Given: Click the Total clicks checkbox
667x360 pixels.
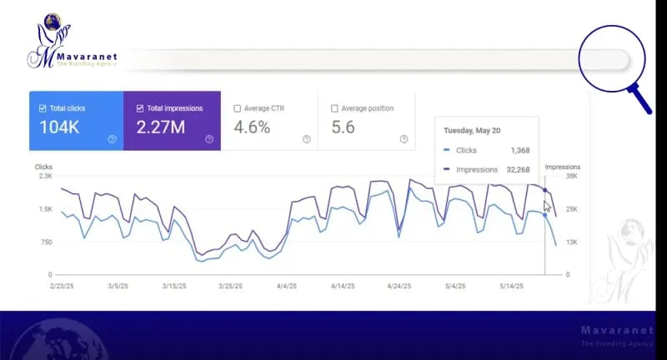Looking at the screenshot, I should click(x=43, y=108).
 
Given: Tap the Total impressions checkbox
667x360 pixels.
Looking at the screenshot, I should click(x=139, y=108).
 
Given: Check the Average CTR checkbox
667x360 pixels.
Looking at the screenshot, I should click(x=238, y=108).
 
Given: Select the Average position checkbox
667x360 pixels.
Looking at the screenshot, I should click(x=334, y=108).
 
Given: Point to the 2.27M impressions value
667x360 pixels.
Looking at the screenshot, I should click(x=163, y=127).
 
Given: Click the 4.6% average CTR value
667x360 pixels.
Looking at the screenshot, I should click(x=252, y=127).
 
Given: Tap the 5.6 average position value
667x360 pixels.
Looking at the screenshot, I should click(x=344, y=127).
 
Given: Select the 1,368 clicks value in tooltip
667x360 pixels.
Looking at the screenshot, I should click(x=519, y=151).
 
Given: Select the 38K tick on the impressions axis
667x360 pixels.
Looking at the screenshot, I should click(x=572, y=177).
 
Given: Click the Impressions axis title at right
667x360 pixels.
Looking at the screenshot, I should click(x=562, y=167).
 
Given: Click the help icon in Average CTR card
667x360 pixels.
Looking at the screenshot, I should click(x=306, y=139).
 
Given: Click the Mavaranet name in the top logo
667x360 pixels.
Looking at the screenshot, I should click(x=88, y=57).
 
